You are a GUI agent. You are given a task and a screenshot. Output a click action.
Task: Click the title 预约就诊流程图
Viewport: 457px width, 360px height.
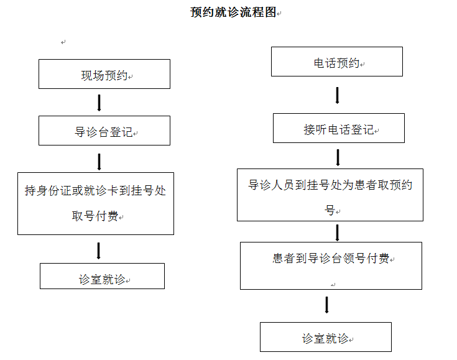pos(233,12)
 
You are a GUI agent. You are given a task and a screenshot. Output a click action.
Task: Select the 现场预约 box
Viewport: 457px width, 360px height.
pos(104,74)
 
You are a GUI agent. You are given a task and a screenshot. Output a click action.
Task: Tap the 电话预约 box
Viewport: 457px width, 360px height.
pos(337,62)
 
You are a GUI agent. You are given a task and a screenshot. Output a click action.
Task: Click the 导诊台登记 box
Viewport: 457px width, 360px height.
pos(104,131)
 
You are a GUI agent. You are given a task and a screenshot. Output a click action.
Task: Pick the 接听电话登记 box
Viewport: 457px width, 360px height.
pos(339,128)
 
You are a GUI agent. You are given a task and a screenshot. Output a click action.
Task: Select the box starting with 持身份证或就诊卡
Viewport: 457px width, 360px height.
pos(96,203)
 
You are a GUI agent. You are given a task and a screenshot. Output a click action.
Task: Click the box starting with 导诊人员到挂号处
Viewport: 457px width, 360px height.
pos(330,195)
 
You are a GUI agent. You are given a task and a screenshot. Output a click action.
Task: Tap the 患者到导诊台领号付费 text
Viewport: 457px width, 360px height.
pos(331,258)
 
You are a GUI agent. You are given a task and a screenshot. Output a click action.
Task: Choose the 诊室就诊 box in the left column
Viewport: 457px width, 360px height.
pos(103,276)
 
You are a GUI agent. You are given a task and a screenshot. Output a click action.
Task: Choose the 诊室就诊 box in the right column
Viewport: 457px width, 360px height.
pos(326,337)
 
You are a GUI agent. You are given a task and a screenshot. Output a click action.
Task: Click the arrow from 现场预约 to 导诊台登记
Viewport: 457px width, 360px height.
pos(99,103)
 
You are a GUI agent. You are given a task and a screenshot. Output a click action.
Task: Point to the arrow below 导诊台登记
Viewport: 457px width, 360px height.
pos(99,162)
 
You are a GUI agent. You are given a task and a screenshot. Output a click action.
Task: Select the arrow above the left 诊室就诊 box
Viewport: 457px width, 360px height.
pos(98,251)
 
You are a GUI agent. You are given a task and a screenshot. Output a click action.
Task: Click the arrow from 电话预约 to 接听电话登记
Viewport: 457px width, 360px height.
pos(337,95)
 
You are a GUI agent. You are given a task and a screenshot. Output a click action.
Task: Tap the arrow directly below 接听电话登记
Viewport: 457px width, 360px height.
pos(338,157)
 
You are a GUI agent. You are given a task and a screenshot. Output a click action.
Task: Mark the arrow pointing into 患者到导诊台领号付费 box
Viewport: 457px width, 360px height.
pos(337,233)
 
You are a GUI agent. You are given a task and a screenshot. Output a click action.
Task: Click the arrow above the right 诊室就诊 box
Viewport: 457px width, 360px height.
pos(326,305)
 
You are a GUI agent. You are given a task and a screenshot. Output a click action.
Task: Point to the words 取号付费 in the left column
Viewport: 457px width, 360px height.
pos(95,216)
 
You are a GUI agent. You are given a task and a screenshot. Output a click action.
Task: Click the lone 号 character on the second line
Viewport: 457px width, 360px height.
pos(330,210)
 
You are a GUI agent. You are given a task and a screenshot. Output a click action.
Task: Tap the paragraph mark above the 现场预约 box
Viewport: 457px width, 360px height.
pos(63,42)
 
